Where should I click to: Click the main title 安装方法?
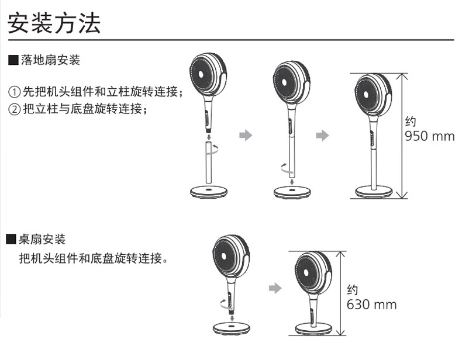point(54,23)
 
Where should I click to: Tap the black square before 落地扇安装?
point(13,60)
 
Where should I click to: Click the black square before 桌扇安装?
point(11,239)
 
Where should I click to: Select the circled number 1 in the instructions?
point(14,92)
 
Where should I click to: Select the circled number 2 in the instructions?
point(14,109)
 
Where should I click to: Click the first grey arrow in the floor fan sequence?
point(246,136)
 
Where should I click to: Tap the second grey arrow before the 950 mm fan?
point(322,136)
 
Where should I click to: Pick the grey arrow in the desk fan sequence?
point(275,288)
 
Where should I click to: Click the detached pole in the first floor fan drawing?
point(209,162)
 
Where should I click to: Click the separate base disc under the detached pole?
point(209,192)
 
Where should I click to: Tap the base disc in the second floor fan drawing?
point(292,192)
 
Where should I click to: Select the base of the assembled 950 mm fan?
point(374,192)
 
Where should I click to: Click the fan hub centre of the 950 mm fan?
point(366,95)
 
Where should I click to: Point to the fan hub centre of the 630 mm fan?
point(306,272)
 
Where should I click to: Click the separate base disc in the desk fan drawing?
point(232,328)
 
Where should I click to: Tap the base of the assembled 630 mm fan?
point(314,328)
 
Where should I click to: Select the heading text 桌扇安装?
point(42,239)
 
